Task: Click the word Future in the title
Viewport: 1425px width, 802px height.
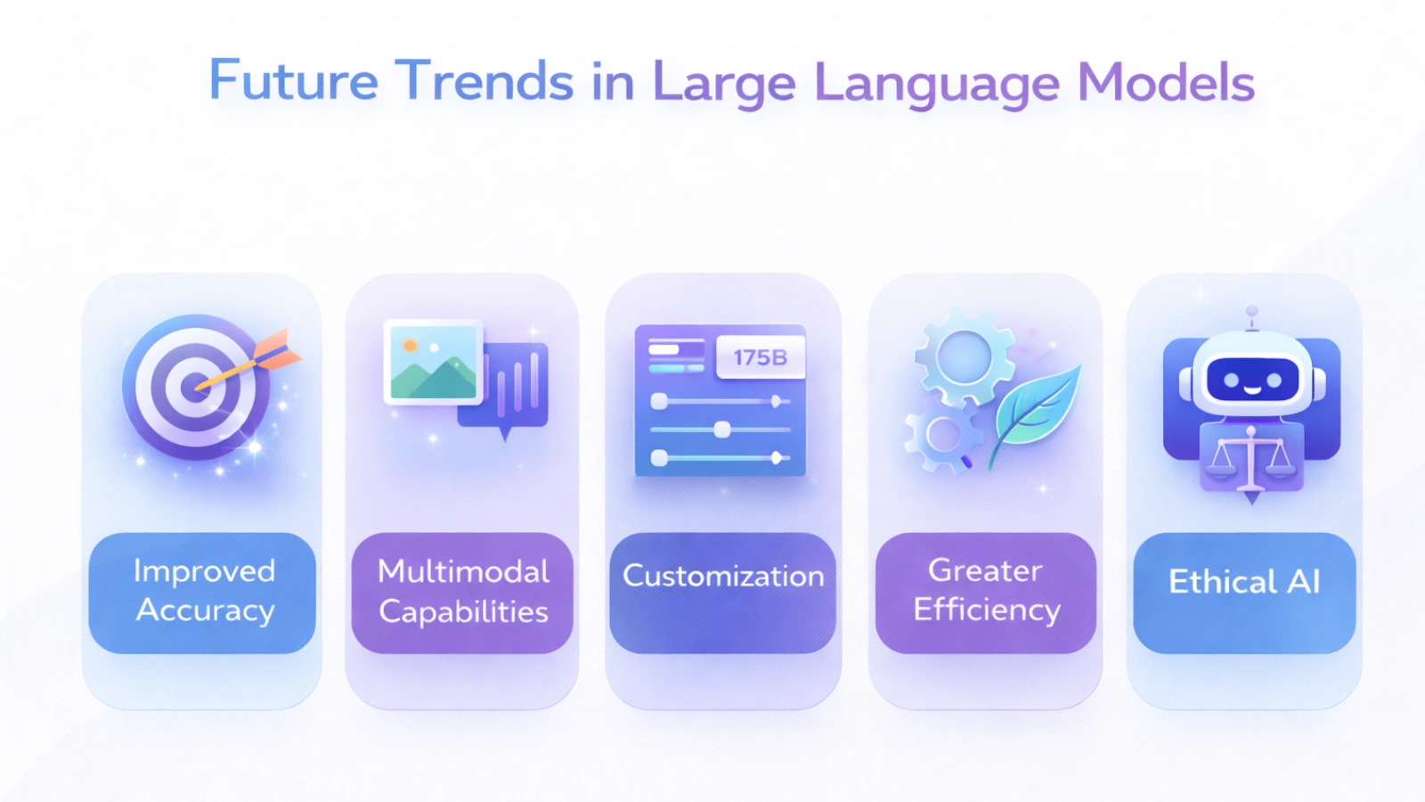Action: coord(293,81)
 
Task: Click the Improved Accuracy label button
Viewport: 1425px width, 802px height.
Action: coord(203,593)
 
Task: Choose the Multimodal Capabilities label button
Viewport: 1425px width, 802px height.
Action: coord(462,593)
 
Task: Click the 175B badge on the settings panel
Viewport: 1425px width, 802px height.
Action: coord(760,357)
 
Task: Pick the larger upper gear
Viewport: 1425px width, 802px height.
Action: coord(964,356)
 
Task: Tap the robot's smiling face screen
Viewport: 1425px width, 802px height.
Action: coord(1251,381)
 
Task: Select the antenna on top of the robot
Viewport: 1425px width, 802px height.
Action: coord(1252,314)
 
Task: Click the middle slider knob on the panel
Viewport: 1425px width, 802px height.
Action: coord(722,430)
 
